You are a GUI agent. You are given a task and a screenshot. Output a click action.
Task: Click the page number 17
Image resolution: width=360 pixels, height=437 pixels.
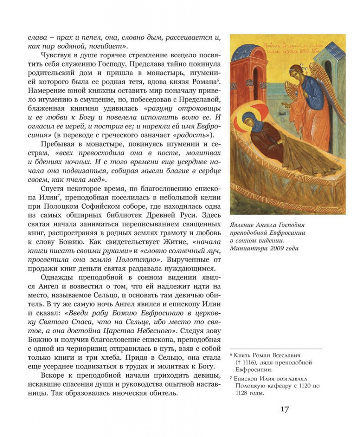coord(285,409)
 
